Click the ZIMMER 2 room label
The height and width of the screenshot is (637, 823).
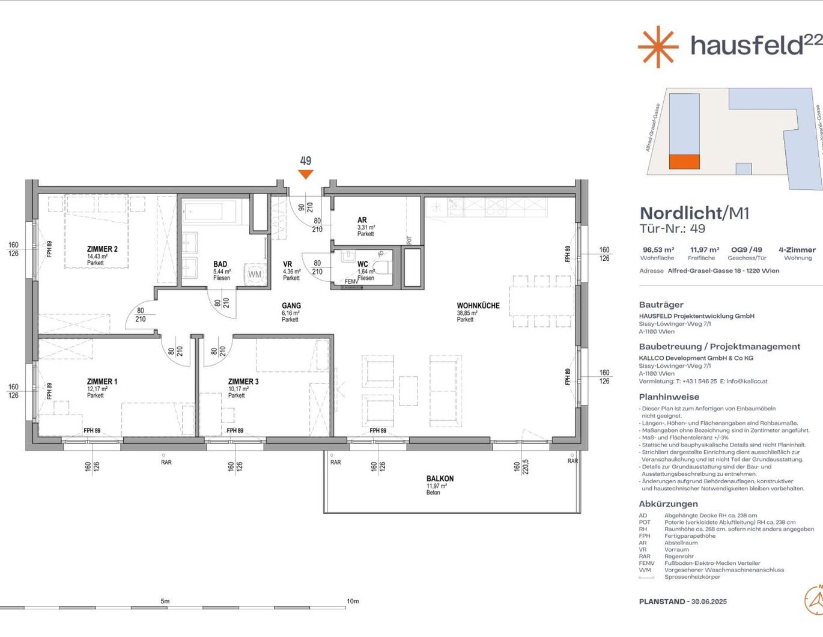(x=102, y=249)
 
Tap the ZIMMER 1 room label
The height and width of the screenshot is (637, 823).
(x=102, y=382)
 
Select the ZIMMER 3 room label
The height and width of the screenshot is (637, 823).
(x=243, y=382)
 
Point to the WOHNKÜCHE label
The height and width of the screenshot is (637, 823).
(x=478, y=306)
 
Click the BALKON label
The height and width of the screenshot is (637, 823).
(x=440, y=479)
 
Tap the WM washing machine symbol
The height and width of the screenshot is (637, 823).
(x=255, y=274)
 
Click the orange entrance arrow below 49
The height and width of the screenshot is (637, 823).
(x=306, y=174)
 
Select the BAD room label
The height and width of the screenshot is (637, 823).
(x=220, y=264)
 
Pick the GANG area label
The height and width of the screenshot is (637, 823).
(x=291, y=306)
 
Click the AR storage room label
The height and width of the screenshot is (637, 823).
(x=362, y=221)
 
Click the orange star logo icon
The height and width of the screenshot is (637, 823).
(x=658, y=46)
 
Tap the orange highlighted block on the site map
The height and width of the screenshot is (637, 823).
(x=684, y=162)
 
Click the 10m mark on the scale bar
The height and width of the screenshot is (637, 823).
(x=353, y=601)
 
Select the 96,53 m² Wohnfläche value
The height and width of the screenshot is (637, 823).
(x=658, y=250)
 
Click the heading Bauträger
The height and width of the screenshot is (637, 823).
(x=661, y=305)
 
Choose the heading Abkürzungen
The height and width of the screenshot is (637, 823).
(x=668, y=504)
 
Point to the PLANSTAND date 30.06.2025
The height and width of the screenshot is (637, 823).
(x=709, y=602)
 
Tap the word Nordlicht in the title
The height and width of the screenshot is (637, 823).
(x=681, y=213)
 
